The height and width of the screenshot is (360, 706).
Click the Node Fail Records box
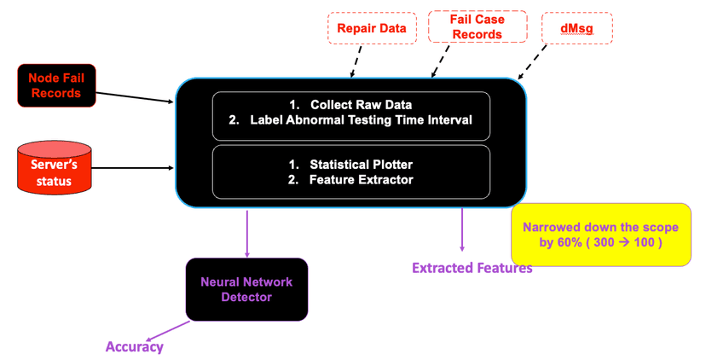coord(57,84)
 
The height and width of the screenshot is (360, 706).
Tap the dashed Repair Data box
coord(372,28)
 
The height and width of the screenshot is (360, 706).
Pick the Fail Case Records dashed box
coord(477,26)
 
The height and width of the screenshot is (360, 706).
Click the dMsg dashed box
coord(577,27)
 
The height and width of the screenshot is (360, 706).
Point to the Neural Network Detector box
coord(247,289)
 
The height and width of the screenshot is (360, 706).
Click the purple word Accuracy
coord(134,346)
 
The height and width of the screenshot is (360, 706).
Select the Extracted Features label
coord(472,269)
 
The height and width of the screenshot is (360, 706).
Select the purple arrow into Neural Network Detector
coord(247,232)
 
